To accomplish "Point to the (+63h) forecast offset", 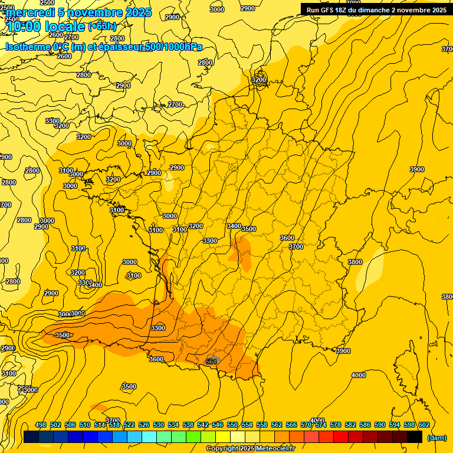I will coord(102,27).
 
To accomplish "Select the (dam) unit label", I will coord(436,438).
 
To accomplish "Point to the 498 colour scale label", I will coord(41,425).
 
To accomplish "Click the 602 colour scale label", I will coord(424,425).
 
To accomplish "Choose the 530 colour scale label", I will coord(159,425).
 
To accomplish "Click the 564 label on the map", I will coord(211,362).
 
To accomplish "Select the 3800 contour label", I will coord(355,262).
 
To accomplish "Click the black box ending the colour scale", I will coord(415,437).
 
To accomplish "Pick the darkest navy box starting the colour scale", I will coord(31,437).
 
